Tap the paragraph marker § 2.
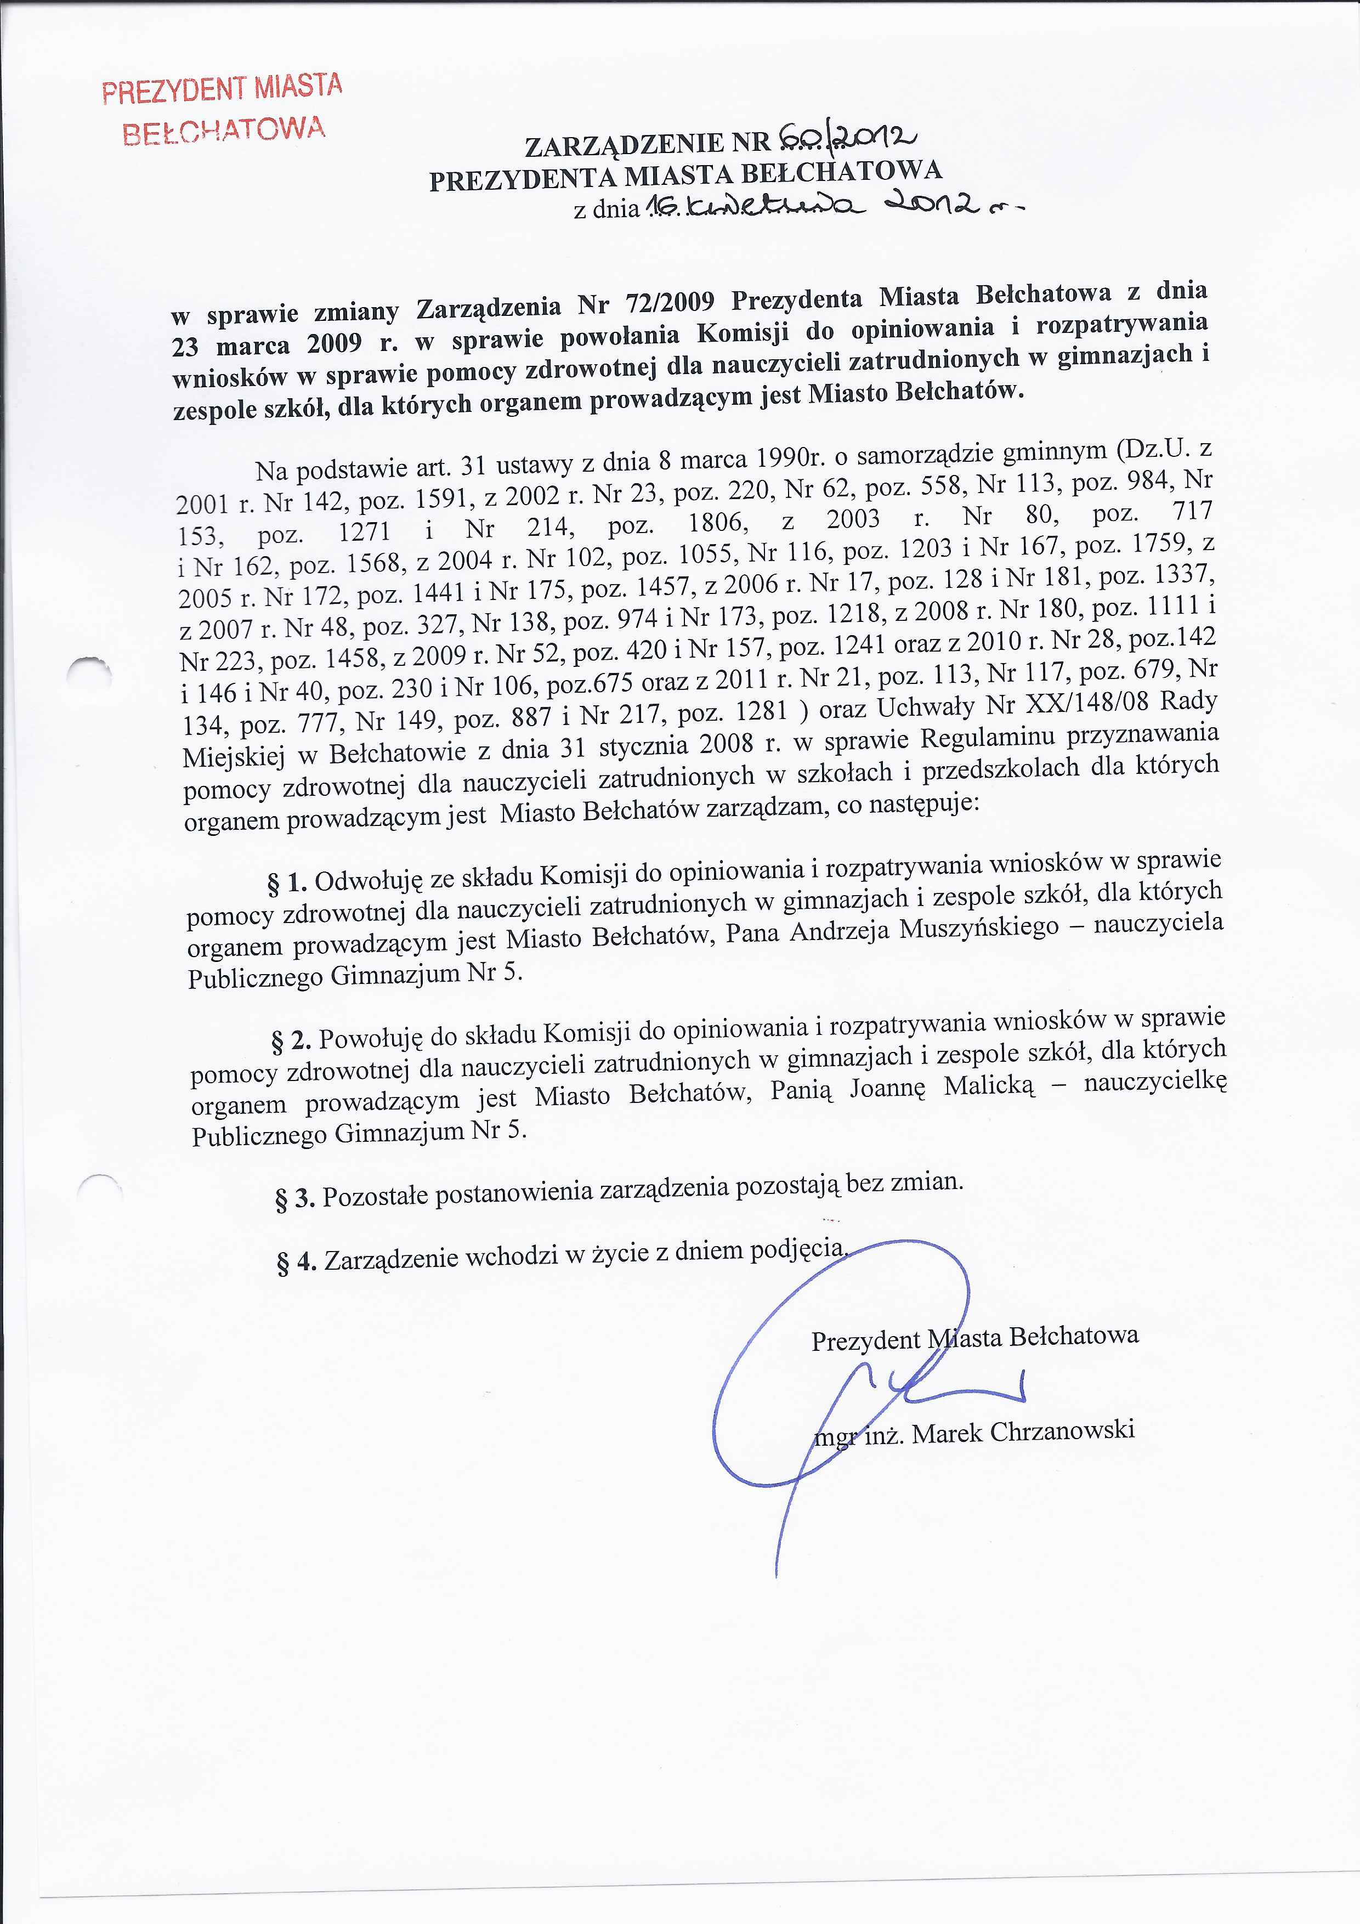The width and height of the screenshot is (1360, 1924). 292,1041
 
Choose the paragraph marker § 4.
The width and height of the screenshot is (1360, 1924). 297,1262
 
